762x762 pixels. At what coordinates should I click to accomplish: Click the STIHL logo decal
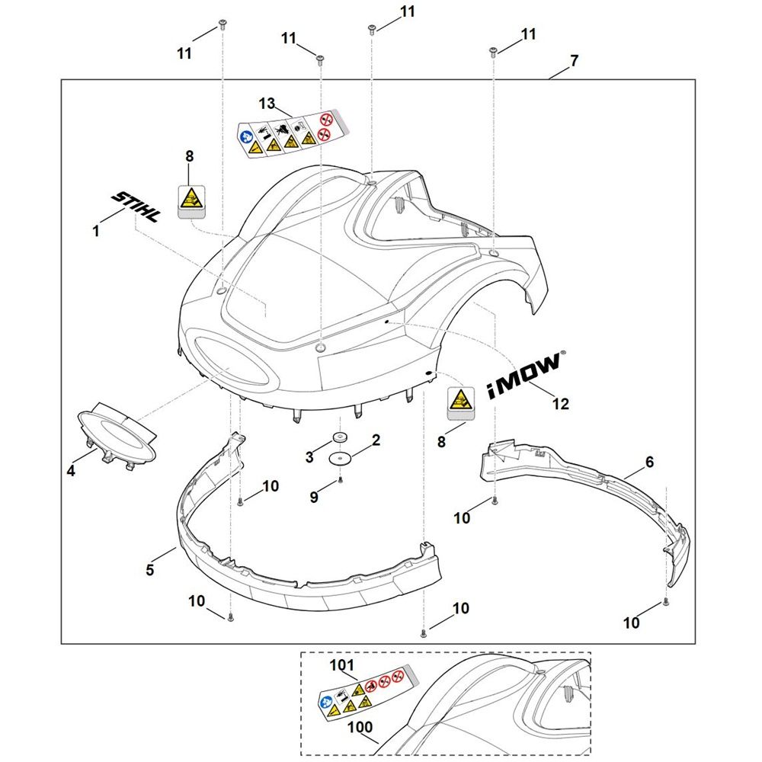click(x=136, y=207)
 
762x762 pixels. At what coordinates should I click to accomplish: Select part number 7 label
click(x=574, y=60)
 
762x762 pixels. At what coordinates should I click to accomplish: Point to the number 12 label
click(x=561, y=404)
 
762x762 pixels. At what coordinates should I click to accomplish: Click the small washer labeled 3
click(x=337, y=439)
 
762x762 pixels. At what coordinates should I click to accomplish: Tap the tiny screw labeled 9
click(x=341, y=480)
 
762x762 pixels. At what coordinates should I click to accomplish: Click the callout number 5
click(x=150, y=569)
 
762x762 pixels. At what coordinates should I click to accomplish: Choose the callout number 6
click(x=649, y=462)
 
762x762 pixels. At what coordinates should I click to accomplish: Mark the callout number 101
click(x=343, y=664)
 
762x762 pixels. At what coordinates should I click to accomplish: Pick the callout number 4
click(x=71, y=472)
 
